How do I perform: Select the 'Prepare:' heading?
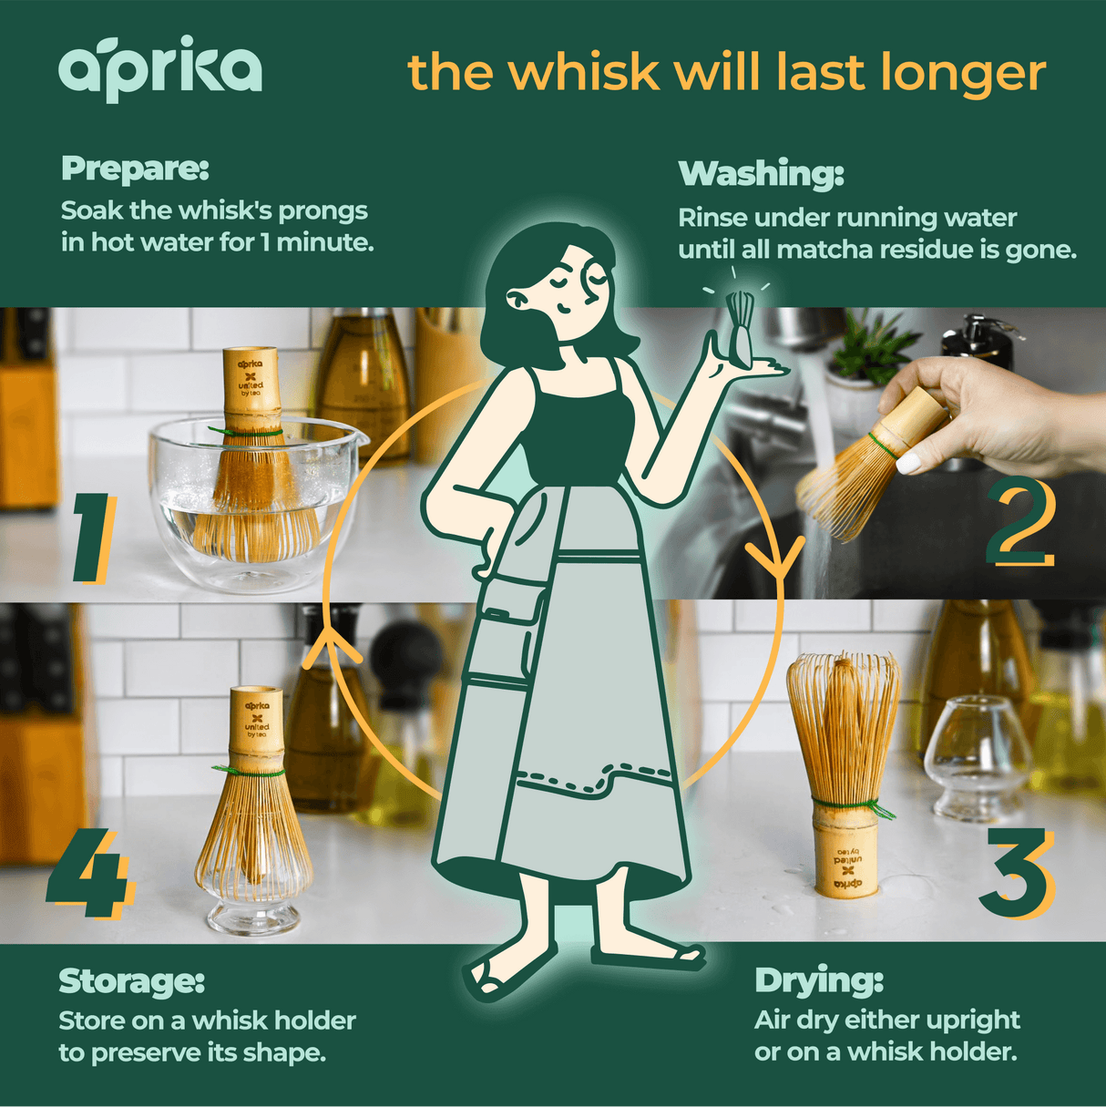[135, 169]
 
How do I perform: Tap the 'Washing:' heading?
[761, 173]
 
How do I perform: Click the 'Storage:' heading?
[131, 980]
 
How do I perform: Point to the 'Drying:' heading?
[818, 980]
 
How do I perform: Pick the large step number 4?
[89, 872]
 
